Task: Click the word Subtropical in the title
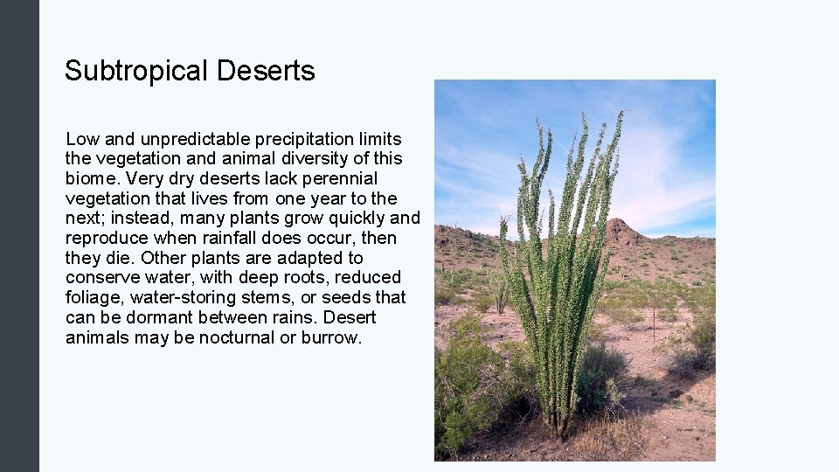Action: [137, 71]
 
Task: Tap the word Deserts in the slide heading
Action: [267, 71]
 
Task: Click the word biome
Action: [92, 178]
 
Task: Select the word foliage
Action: [95, 298]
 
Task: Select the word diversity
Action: [298, 159]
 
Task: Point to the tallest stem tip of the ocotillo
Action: [621, 114]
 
